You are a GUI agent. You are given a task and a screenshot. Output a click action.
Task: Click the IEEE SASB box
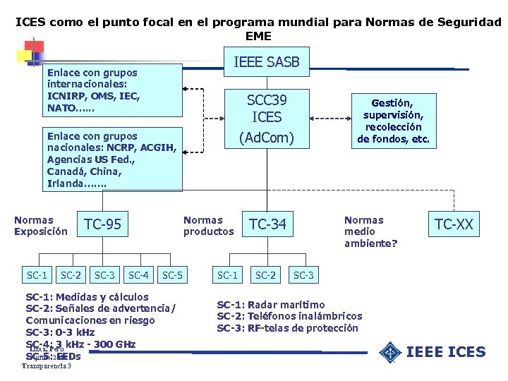coord(267,63)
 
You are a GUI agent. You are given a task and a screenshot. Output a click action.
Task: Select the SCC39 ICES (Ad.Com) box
coord(267,117)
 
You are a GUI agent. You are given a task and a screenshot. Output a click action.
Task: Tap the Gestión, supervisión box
coord(393,121)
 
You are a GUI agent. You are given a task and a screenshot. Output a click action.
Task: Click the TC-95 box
coord(102,225)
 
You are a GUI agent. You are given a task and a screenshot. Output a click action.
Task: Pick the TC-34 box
coord(268,225)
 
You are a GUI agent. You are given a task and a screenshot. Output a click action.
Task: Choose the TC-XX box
coord(454,225)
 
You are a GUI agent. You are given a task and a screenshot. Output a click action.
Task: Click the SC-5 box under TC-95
coord(173,274)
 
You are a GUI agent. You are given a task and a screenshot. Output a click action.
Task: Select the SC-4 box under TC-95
coord(138,274)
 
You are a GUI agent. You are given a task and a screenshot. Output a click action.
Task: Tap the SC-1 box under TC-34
coord(227,274)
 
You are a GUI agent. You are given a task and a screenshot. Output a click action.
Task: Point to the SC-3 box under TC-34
coord(303,274)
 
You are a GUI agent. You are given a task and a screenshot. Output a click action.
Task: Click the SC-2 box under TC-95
coord(71,274)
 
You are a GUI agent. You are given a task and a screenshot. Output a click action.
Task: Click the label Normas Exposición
coord(41,226)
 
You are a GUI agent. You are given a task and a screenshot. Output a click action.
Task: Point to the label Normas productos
coord(208,226)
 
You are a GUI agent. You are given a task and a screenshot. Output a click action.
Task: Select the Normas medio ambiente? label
coord(370,231)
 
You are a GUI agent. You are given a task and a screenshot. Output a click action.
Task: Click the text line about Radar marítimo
coord(271,305)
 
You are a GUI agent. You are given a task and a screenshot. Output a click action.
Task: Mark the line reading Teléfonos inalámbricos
coord(289,316)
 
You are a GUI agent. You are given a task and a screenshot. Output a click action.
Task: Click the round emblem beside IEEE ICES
coord(389,352)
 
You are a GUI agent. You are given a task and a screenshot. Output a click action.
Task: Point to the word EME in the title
coord(258,35)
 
